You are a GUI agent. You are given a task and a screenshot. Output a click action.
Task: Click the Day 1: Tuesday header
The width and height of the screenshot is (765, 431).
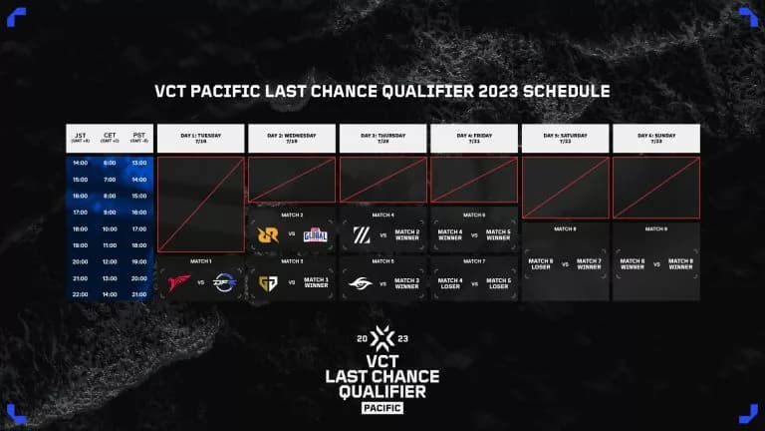[200, 137]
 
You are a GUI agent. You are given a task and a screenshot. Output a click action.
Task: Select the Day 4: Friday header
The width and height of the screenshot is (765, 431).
[474, 137]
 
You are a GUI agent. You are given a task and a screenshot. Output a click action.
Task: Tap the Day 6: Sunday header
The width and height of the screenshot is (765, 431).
[655, 137]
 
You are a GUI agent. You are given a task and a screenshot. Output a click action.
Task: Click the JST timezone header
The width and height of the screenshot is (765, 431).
[81, 137]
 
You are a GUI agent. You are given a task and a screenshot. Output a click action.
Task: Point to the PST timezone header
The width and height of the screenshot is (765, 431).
[139, 137]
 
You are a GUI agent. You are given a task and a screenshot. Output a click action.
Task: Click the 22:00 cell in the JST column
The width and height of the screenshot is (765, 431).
[81, 294]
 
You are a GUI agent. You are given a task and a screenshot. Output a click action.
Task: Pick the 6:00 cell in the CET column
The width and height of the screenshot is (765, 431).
[111, 163]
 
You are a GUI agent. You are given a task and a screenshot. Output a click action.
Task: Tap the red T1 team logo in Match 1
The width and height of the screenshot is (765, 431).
[179, 282]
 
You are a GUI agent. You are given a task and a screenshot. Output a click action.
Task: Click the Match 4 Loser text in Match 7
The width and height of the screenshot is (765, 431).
[450, 282]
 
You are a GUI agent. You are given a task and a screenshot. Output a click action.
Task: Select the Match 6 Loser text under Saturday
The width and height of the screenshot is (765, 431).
[542, 265]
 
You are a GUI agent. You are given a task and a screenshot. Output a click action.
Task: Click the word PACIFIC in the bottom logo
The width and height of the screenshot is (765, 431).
[382, 407]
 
